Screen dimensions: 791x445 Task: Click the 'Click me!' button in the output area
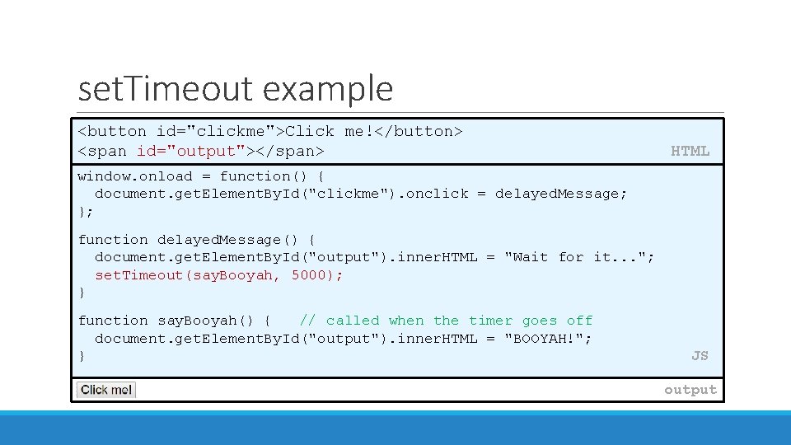[106, 390]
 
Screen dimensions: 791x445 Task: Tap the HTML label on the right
[690, 151]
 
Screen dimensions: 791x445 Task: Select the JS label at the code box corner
[699, 356]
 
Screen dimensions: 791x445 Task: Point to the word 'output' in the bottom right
[690, 390]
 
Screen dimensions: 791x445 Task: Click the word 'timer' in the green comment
[490, 321]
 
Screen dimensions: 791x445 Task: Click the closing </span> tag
[293, 152]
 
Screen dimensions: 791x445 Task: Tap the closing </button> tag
[424, 132]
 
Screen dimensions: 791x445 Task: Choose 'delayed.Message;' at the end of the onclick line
[561, 194]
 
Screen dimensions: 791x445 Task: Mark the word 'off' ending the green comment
[579, 321]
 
